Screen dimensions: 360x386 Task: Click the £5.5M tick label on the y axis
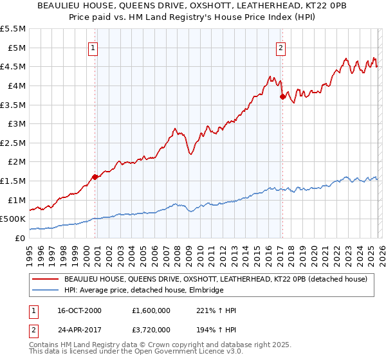pos(14,29)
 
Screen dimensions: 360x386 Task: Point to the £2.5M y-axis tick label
pos(14,143)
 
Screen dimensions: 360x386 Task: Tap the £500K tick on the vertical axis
pos(13,219)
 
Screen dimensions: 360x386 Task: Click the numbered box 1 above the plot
pos(94,47)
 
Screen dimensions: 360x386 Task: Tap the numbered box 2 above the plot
pos(281,47)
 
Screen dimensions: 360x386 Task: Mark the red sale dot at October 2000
pos(95,176)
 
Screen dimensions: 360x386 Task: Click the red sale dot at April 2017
pos(282,96)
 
